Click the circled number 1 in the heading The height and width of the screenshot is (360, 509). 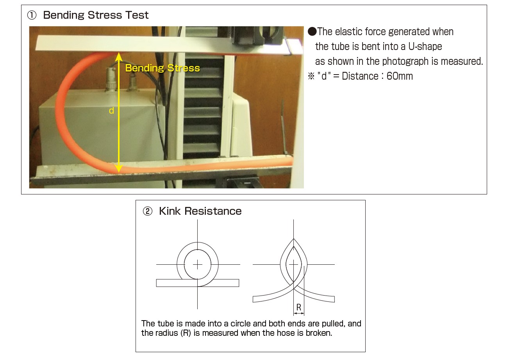[32, 16]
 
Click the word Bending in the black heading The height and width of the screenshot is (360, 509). [64, 16]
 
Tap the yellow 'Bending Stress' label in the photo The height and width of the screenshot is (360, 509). [163, 68]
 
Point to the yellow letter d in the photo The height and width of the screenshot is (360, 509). [111, 110]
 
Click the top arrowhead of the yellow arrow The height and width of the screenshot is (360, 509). [119, 56]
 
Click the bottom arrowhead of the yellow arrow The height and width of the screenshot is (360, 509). [119, 169]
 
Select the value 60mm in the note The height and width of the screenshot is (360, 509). [400, 76]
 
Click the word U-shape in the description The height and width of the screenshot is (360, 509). [425, 46]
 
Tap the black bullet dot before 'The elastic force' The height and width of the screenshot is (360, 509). [312, 32]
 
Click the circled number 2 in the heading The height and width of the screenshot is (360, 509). [148, 212]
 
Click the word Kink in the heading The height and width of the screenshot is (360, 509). [170, 211]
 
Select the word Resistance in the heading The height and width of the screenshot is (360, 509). [213, 211]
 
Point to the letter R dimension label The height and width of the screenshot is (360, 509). [299, 308]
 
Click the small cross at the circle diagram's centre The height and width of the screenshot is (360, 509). [197, 265]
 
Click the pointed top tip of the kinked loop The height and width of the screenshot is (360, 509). [294, 239]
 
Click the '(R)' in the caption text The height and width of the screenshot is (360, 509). [186, 333]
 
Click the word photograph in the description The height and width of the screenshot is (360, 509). [405, 62]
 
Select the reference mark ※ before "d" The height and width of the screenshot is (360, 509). [311, 76]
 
